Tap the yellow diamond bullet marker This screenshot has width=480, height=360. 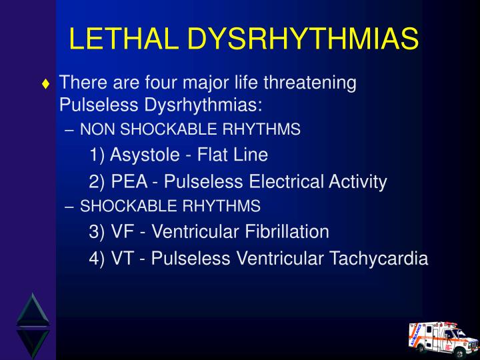(45, 85)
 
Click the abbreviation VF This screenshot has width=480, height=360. (122, 231)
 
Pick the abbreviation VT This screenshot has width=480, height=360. (122, 258)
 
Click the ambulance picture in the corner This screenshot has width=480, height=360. (443, 336)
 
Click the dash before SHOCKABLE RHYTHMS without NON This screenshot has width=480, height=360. (71, 207)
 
